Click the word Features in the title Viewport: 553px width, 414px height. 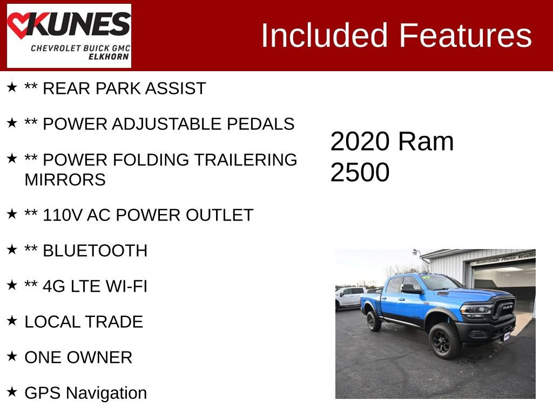pyautogui.click(x=466, y=36)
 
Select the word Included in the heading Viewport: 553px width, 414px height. pyautogui.click(x=325, y=36)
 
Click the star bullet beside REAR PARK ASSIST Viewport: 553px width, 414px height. pyautogui.click(x=12, y=87)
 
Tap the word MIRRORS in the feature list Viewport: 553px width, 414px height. pyautogui.click(x=65, y=180)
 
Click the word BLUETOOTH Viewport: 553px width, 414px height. pyautogui.click(x=95, y=251)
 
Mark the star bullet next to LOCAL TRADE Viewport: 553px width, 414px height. pyautogui.click(x=12, y=321)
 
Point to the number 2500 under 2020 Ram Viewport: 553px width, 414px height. pyautogui.click(x=360, y=172)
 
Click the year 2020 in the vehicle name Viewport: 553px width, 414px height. pyautogui.click(x=360, y=142)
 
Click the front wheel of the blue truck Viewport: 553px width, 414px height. pyautogui.click(x=445, y=340)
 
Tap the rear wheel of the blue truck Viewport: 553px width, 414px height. pyautogui.click(x=374, y=321)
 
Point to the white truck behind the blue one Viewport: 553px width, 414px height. pyautogui.click(x=349, y=296)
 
